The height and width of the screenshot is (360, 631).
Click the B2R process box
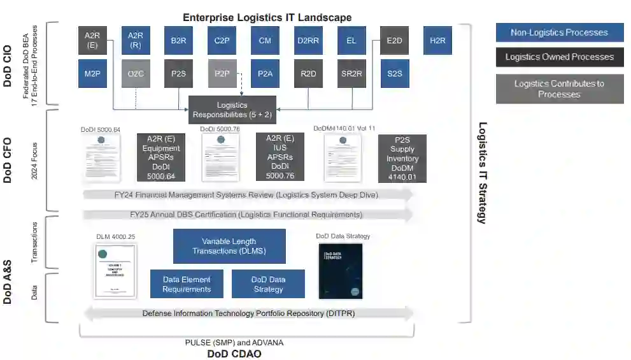(178, 40)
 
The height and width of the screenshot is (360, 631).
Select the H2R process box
(438, 40)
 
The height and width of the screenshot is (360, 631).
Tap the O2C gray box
(135, 73)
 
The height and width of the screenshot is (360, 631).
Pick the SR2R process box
(351, 73)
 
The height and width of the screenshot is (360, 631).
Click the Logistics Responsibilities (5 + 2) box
(232, 110)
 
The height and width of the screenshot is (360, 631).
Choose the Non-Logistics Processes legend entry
(559, 32)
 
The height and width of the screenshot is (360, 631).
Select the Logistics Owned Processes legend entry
(559, 57)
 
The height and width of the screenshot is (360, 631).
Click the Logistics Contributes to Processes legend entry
(559, 89)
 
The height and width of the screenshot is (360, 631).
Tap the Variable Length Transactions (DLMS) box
(229, 246)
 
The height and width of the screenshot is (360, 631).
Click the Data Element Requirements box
(187, 284)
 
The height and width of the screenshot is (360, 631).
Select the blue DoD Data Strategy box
(268, 284)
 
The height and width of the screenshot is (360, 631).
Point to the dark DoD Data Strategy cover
(341, 271)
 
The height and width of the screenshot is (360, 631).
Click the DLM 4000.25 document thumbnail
(116, 270)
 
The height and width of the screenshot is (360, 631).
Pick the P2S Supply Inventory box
(402, 158)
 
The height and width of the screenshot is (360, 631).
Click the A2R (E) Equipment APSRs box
(160, 158)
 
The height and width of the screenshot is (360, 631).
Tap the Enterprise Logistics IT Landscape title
(267, 17)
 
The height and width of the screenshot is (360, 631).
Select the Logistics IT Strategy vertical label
(483, 173)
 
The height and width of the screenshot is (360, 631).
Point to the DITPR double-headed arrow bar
(248, 313)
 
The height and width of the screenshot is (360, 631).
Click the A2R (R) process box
(135, 40)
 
